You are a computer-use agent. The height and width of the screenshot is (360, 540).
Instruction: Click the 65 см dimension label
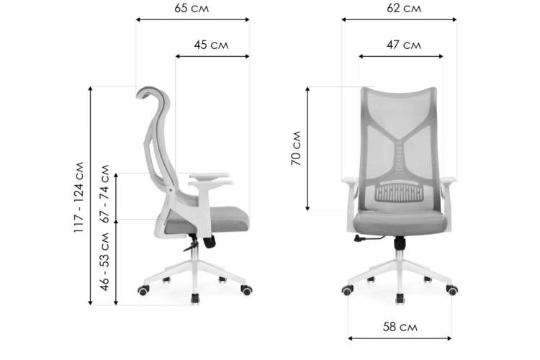[x=192, y=8]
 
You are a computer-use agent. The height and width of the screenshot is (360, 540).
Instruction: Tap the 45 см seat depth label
[x=211, y=45]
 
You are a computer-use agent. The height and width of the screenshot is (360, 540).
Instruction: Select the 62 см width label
[x=404, y=8]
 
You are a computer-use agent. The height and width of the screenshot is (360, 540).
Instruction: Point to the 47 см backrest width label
[x=404, y=45]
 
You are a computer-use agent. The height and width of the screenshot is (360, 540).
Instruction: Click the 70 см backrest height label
[x=296, y=148]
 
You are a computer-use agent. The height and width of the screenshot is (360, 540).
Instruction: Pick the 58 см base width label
[x=400, y=327]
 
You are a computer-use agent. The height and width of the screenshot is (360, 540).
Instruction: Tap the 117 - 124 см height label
[x=79, y=197]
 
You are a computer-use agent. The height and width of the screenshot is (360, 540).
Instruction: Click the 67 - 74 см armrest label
[x=104, y=194]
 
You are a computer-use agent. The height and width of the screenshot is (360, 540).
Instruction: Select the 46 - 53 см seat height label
[x=104, y=261]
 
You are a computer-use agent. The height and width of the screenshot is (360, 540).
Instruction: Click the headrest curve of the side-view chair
[x=151, y=89]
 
